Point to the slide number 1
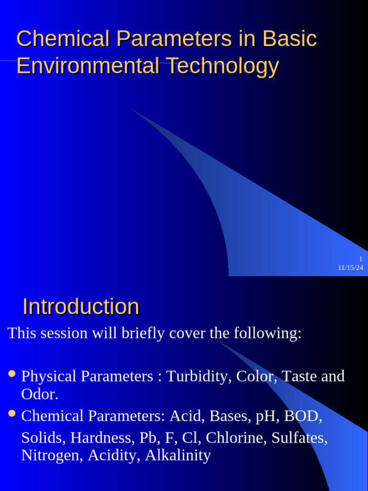361,259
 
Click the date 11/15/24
350,268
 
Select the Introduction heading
81,307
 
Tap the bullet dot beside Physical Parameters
12,373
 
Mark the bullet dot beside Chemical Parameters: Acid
12,413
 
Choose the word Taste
299,376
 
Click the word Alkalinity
178,456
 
